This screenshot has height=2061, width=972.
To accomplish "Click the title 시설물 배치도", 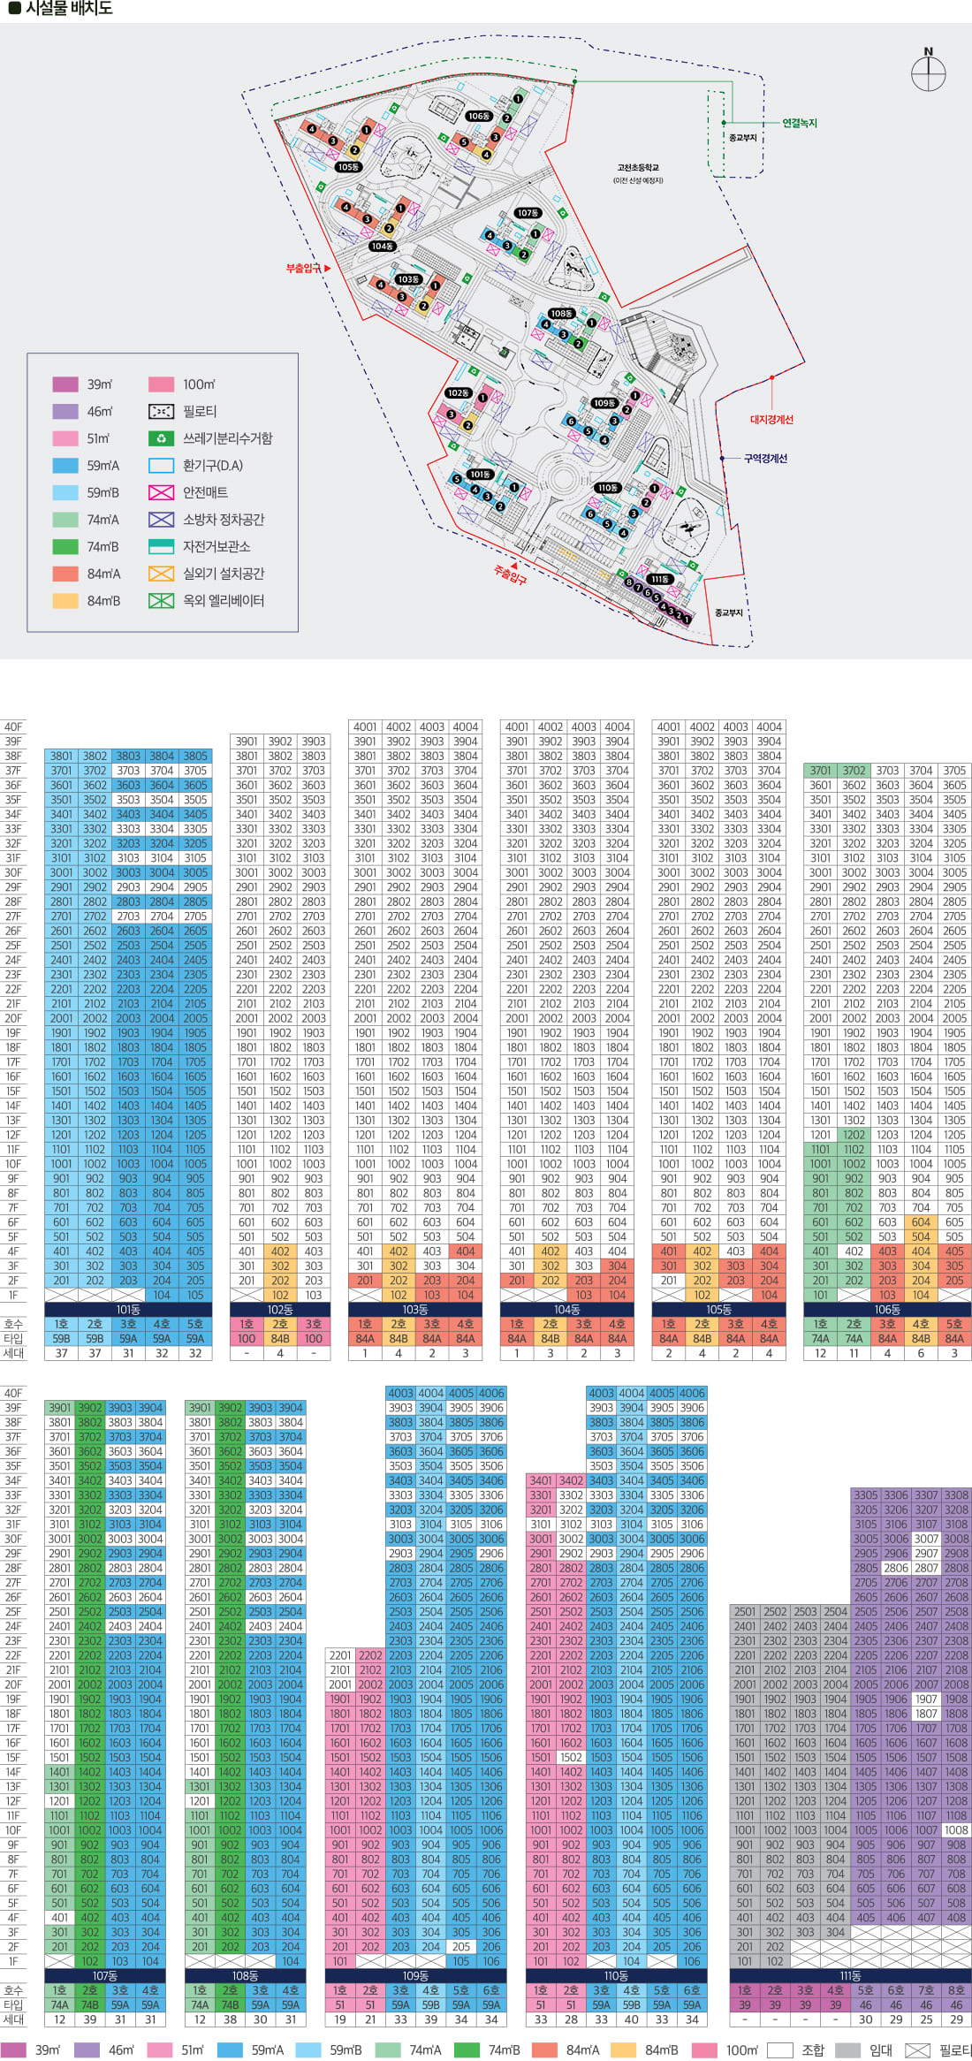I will (68, 9).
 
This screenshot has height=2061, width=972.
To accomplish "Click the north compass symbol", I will (928, 71).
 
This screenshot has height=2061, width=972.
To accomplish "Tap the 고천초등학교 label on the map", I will (638, 168).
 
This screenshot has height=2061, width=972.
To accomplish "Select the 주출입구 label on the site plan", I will (510, 576).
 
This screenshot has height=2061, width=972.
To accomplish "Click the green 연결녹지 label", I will (800, 123).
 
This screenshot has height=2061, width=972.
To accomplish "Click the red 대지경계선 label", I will (771, 420).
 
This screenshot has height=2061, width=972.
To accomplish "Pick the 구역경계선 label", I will (765, 459).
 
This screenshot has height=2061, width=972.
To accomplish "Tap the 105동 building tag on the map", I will (347, 167).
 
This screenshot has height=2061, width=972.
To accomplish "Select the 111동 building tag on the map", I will (660, 580).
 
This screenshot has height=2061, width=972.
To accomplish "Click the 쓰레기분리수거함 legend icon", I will (161, 438).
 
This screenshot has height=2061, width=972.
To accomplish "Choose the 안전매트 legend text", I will (205, 492).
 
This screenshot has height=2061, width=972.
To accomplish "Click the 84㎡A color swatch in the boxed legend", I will (65, 574).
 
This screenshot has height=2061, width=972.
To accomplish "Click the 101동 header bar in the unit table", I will (128, 1310).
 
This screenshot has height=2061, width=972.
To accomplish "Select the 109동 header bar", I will (415, 1976).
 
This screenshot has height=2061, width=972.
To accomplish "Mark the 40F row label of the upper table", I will (13, 727).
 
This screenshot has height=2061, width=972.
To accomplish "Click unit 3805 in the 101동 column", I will (195, 757).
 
